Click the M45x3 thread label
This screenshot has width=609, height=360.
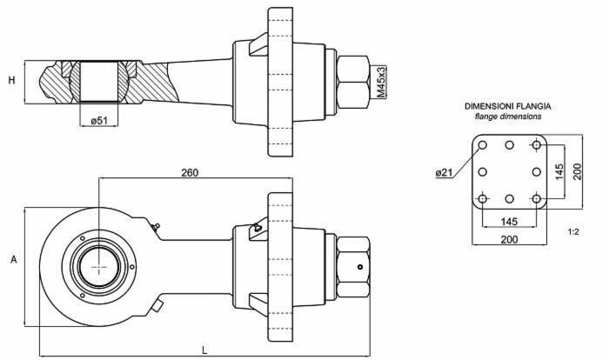tap(382, 82)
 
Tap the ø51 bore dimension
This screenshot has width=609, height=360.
tap(99, 120)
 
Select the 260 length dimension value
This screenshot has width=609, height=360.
tap(190, 172)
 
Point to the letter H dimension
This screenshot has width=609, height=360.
tap(12, 80)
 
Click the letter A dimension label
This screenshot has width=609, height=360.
tap(14, 259)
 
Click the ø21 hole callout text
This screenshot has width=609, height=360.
tap(445, 172)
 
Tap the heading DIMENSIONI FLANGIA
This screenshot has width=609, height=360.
tap(508, 106)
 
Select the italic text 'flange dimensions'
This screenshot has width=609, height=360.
tap(508, 117)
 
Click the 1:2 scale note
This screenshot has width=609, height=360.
tap(573, 232)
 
